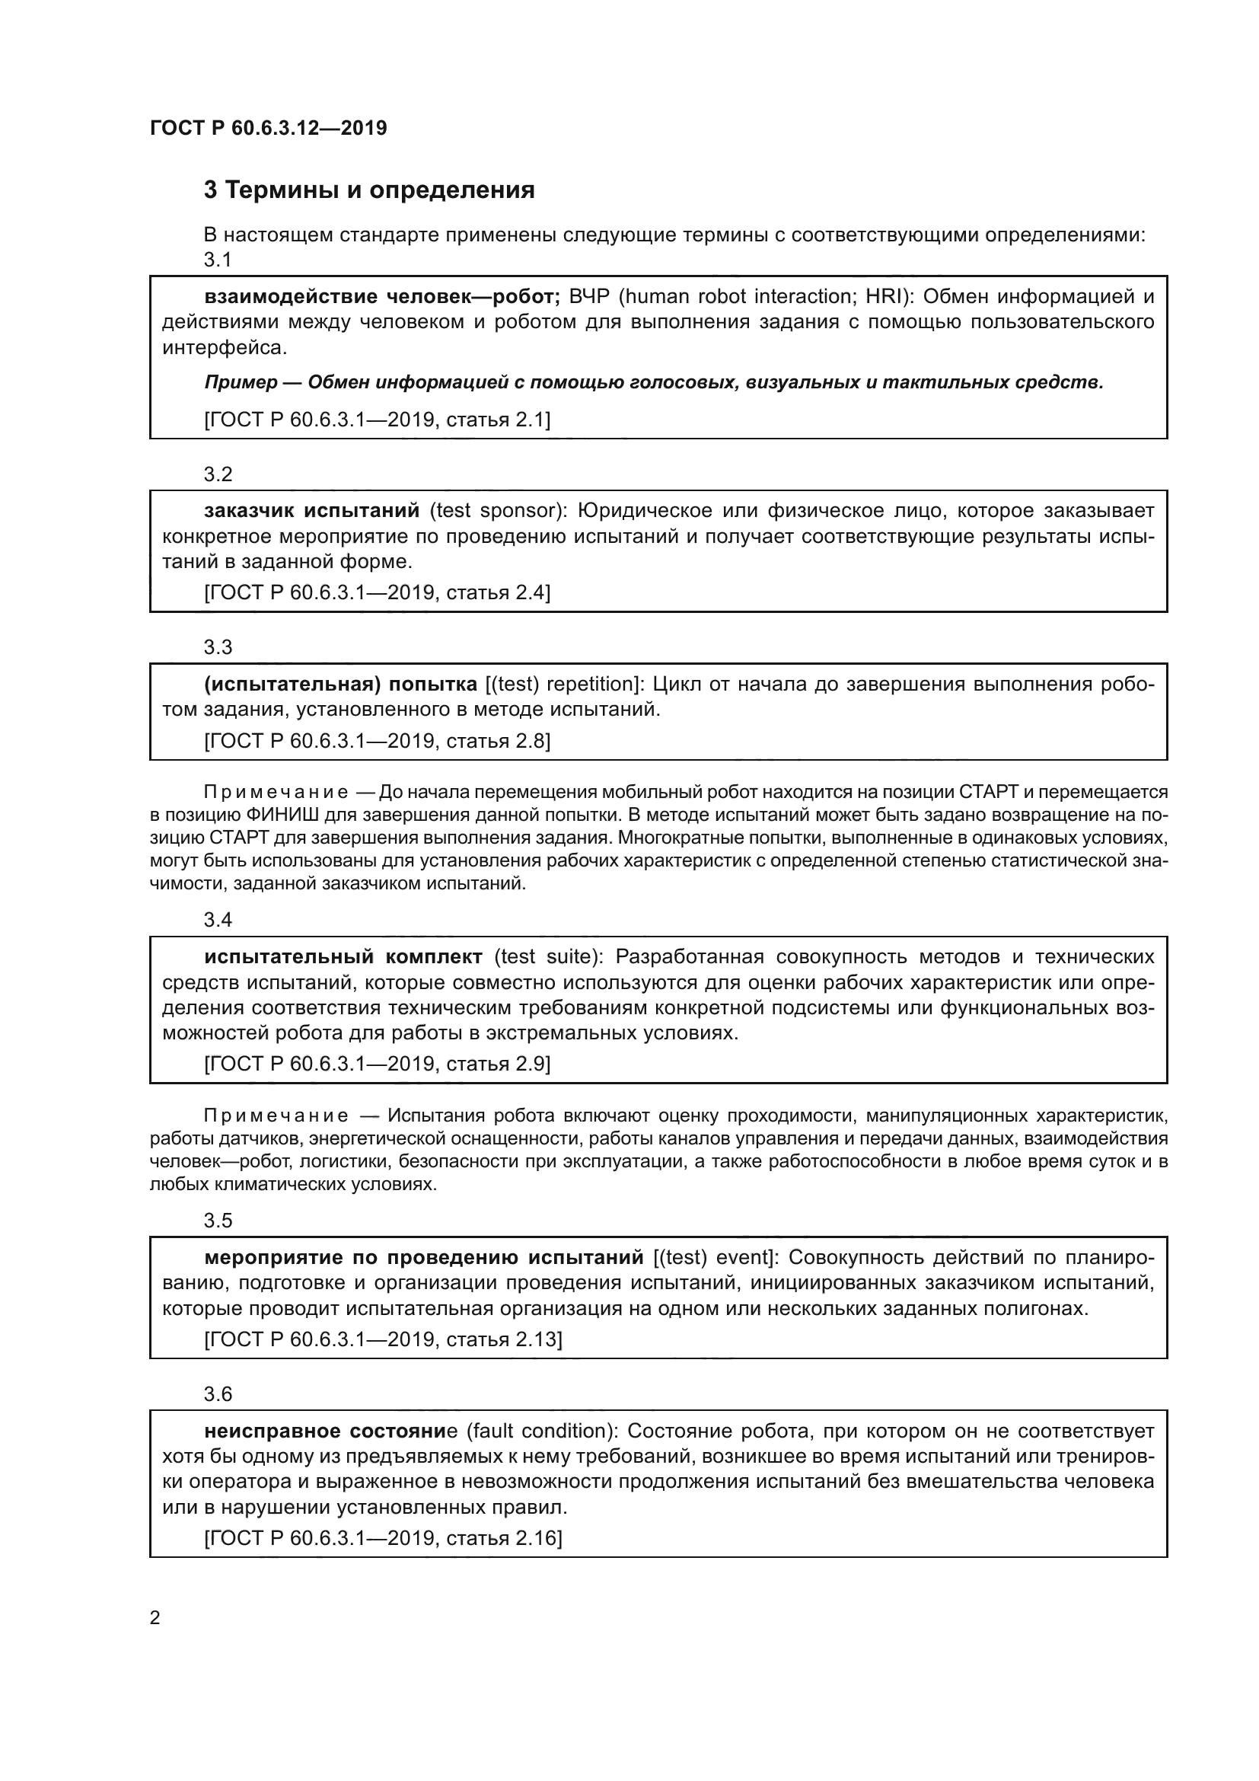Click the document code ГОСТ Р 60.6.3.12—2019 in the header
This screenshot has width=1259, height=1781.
click(268, 128)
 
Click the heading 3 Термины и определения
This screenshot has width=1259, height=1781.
click(369, 190)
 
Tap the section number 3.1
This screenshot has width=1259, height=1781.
click(218, 260)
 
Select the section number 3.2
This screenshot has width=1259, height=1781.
click(218, 474)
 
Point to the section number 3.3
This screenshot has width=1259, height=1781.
click(218, 648)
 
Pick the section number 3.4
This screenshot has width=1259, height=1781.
click(218, 920)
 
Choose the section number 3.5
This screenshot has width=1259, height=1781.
click(218, 1221)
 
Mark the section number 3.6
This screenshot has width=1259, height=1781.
click(218, 1395)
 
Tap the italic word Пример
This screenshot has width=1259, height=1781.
click(241, 382)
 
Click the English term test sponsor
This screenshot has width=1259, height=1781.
click(497, 510)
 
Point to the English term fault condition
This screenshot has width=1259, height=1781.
click(537, 1432)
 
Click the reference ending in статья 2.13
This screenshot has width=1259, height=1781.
click(383, 1339)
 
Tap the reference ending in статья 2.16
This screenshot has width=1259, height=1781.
click(383, 1538)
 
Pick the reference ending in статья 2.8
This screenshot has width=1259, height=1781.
click(377, 741)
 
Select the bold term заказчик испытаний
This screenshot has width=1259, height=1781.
click(311, 510)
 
